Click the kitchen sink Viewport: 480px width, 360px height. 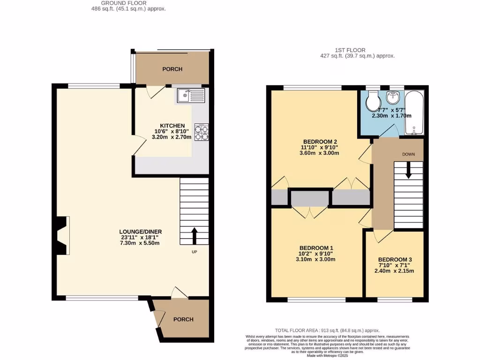(x=191, y=96)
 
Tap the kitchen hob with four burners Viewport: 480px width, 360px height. (x=201, y=133)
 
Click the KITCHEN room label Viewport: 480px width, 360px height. (x=169, y=126)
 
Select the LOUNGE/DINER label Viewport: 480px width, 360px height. (x=141, y=232)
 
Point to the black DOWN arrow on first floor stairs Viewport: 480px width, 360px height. (x=408, y=170)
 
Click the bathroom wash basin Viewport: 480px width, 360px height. (x=392, y=98)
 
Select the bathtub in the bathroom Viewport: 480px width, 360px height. (x=413, y=112)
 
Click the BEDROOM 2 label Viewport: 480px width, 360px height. (x=320, y=142)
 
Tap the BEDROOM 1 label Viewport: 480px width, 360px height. (x=316, y=248)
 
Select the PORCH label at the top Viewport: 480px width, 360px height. (x=172, y=69)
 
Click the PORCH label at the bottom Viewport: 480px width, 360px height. (x=183, y=319)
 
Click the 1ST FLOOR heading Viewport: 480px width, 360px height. (x=350, y=50)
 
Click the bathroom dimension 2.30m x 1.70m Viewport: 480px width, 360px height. (x=391, y=116)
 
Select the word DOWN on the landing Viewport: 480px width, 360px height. (x=408, y=154)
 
